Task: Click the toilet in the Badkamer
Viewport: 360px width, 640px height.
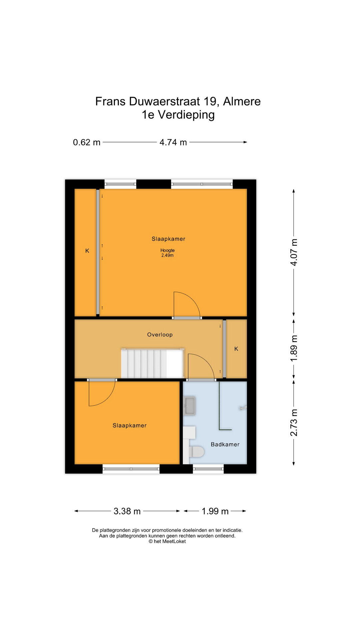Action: point(196,452)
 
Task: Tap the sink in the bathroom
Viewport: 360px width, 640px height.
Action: point(190,406)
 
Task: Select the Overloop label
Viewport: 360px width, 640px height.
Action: point(160,335)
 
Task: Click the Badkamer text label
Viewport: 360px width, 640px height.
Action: point(225,444)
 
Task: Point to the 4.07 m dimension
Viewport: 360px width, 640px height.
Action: point(294,252)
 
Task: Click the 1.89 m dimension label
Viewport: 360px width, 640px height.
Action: point(294,348)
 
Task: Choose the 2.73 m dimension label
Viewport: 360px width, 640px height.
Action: point(294,422)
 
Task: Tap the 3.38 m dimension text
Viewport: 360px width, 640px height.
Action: point(127,511)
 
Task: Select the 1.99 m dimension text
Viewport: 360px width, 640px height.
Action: point(215,511)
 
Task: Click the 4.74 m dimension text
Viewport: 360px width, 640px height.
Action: point(173,142)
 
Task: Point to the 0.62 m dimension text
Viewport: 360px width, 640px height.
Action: point(87,142)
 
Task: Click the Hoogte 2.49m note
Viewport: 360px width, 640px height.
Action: point(167,253)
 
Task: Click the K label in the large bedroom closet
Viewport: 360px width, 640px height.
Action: point(87,251)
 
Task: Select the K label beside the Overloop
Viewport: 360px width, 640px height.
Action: point(236,349)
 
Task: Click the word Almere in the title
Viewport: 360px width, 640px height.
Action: point(242,101)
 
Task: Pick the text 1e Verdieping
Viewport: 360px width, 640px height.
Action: point(178,115)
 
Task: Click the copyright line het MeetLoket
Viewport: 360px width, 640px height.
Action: point(167,541)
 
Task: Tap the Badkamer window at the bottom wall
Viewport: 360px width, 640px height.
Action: point(208,469)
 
